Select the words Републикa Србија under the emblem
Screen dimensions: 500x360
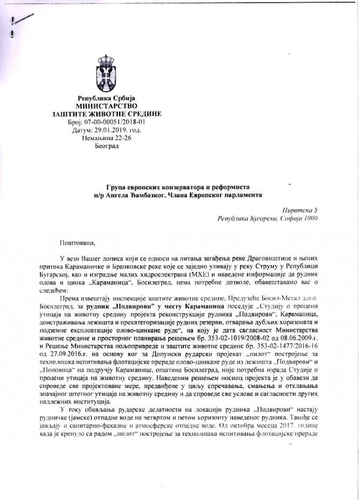[x=106, y=98]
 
